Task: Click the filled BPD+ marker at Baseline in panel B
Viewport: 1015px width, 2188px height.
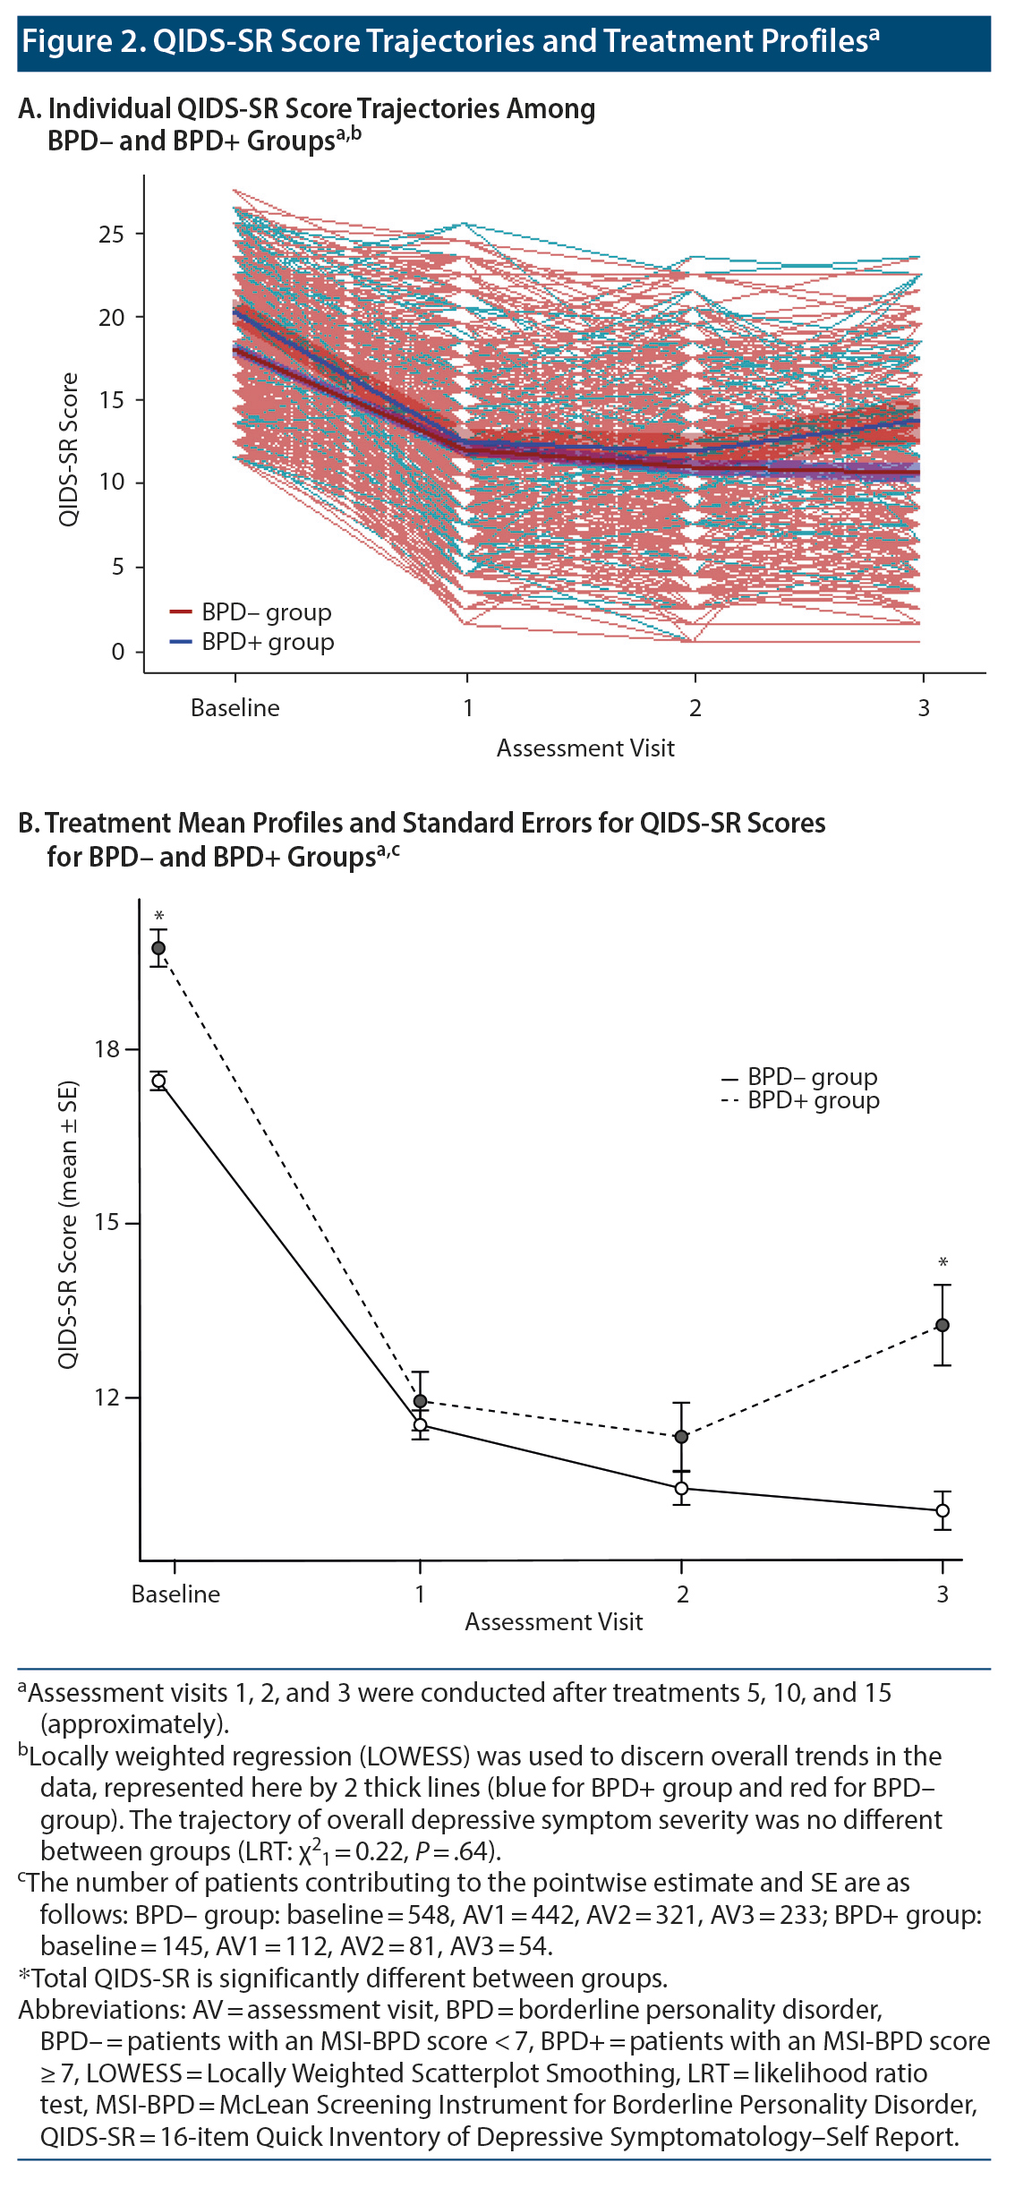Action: [x=158, y=948]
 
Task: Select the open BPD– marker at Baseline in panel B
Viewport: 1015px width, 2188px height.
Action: [x=158, y=1081]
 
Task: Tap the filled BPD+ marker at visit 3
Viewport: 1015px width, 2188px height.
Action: [x=942, y=1325]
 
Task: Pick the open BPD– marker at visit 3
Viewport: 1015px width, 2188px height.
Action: [x=942, y=1510]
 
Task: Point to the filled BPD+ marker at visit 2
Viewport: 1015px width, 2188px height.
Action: [x=681, y=1437]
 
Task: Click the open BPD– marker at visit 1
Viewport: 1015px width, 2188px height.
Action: [x=420, y=1424]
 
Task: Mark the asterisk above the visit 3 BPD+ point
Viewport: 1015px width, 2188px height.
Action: [x=942, y=1263]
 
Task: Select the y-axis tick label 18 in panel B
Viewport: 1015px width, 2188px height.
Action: [x=107, y=1049]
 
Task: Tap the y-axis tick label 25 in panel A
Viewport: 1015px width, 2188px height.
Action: [x=111, y=235]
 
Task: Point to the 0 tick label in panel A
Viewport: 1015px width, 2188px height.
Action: [x=117, y=652]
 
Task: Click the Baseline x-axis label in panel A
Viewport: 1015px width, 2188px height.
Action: [x=235, y=708]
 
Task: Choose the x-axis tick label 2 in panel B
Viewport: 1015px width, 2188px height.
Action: [x=682, y=1594]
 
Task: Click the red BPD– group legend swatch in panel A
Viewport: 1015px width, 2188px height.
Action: [x=181, y=612]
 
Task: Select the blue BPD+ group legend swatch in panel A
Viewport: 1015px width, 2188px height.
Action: [x=181, y=642]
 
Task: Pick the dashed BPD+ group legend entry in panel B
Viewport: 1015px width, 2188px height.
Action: [x=800, y=1100]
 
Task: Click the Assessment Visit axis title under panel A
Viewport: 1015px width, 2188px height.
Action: [x=585, y=748]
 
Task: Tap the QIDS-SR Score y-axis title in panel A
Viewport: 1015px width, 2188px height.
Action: [x=69, y=449]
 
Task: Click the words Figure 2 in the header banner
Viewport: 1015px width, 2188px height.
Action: [x=82, y=41]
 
